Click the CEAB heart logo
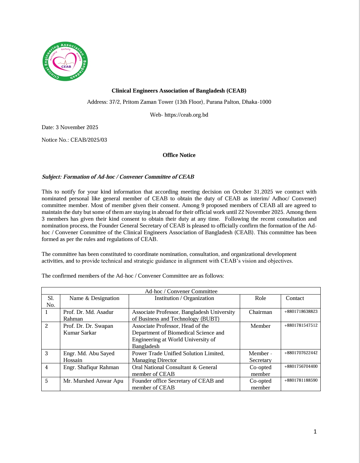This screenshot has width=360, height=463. [65, 62]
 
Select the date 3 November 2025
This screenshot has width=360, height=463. [77, 127]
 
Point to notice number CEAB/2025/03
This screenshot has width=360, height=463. [88, 140]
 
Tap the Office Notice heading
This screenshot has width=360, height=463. [179, 155]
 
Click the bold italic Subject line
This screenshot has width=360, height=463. [118, 177]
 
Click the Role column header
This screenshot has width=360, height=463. [260, 298]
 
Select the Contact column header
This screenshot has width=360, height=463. [295, 298]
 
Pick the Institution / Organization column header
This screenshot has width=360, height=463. [184, 298]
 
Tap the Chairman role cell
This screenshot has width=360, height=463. [260, 312]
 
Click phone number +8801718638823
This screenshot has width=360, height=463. [301, 311]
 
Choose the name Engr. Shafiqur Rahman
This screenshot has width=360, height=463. [91, 367]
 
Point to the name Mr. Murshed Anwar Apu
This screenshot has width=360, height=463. [93, 381]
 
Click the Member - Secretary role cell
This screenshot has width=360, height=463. [260, 357]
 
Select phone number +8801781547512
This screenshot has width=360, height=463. [301, 325]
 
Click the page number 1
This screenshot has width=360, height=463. [315, 431]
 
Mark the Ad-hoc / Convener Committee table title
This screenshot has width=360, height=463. [181, 291]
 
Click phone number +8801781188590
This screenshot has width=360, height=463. [301, 380]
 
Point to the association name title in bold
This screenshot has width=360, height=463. [179, 91]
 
